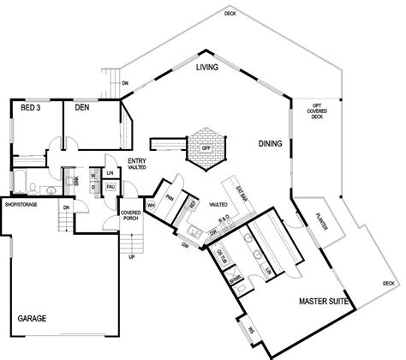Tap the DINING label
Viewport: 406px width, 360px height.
coord(272,145)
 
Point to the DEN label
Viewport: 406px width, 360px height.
coord(83,108)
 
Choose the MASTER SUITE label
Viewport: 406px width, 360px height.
coord(323,302)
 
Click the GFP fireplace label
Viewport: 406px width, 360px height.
coord(206,147)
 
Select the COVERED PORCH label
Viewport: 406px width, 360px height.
coord(131,214)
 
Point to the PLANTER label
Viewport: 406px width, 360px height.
coord(323,220)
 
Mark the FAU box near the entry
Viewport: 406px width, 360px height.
coord(110,186)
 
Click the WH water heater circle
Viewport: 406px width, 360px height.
coord(151,205)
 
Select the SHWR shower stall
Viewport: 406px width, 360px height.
coord(236,278)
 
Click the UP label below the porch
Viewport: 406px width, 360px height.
coord(131,256)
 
